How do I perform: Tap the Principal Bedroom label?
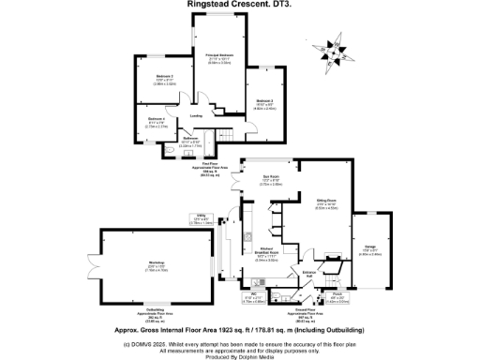pyautogui.click(x=218, y=58)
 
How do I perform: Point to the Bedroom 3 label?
pyautogui.click(x=263, y=102)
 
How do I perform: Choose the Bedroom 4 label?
pyautogui.click(x=157, y=122)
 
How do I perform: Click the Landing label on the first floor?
pyautogui.click(x=196, y=116)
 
